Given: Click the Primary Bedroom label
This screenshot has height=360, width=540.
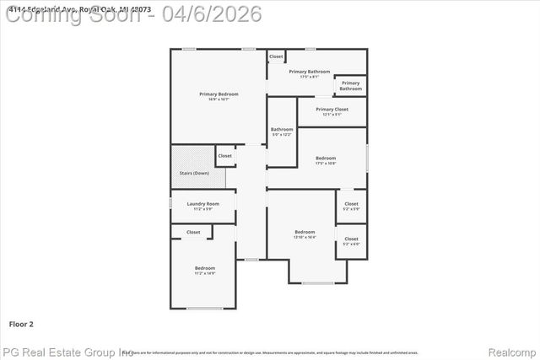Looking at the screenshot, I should [x=219, y=94].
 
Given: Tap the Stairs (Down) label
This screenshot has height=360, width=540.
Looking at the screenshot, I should [x=194, y=173].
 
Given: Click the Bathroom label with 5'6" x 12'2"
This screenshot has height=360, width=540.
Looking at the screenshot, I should [x=281, y=129].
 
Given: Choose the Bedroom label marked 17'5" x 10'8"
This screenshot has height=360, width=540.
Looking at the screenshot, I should [x=326, y=158].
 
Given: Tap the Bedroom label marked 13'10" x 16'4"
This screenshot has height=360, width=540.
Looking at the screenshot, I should [x=305, y=232].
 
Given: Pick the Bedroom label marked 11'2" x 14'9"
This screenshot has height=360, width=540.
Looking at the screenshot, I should [x=205, y=268].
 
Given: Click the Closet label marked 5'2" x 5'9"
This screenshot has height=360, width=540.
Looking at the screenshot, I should [x=351, y=203].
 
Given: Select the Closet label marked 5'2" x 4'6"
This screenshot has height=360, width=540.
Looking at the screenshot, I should [x=351, y=239].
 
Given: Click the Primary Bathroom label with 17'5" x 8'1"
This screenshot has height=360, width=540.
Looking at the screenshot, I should [x=309, y=72].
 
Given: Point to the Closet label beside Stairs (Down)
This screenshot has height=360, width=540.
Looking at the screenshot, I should [x=224, y=155].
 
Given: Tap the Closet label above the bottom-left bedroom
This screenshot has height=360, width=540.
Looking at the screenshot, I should [x=193, y=232].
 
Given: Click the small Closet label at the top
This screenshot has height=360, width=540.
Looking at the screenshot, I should [x=276, y=56].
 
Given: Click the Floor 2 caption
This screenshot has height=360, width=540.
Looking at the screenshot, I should [x=21, y=323].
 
